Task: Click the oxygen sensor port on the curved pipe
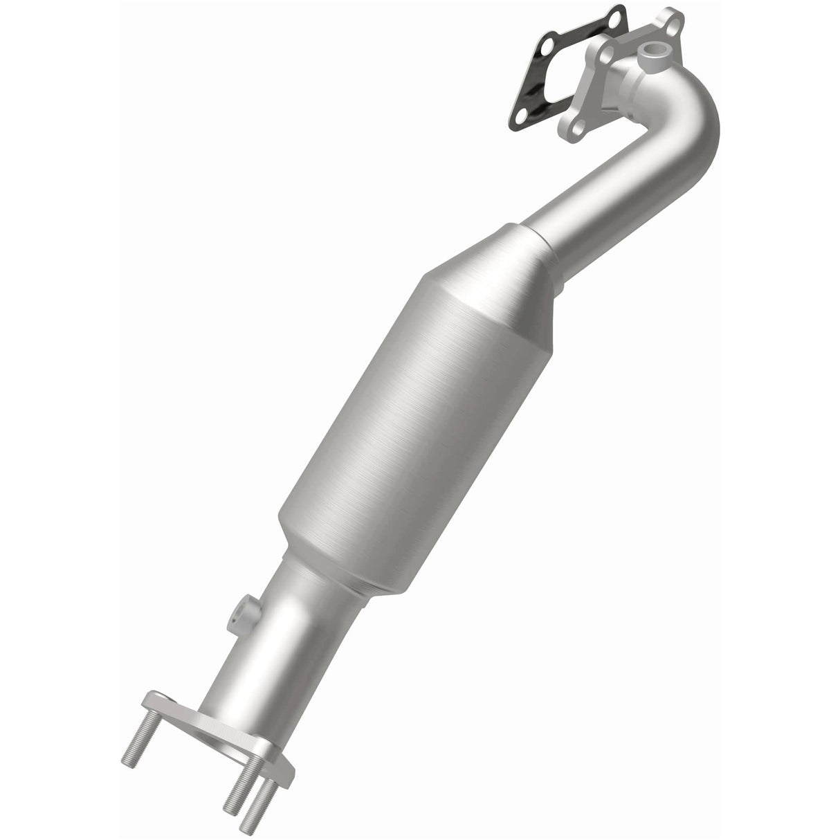coord(652,51)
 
